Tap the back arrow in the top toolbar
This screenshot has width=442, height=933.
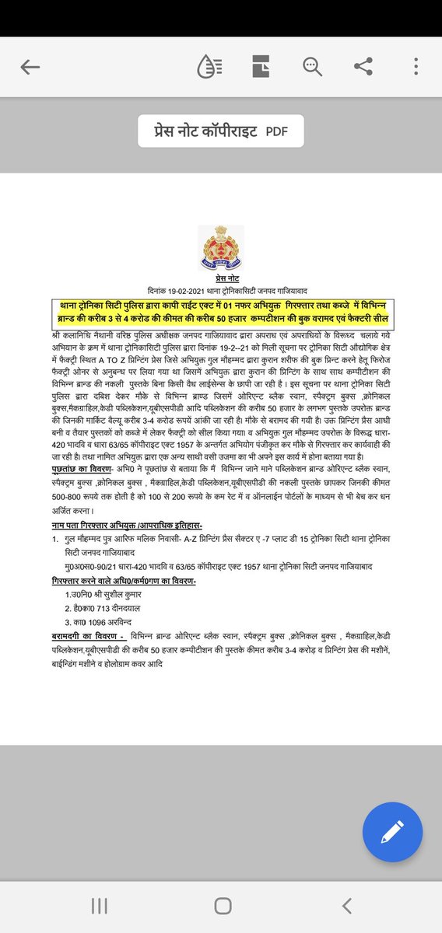pyautogui.click(x=30, y=67)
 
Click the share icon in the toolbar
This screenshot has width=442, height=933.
pyautogui.click(x=363, y=67)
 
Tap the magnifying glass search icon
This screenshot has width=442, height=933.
pyautogui.click(x=313, y=67)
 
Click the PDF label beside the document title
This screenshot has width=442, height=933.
pyautogui.click(x=275, y=131)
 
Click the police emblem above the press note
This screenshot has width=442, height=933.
pyautogui.click(x=220, y=248)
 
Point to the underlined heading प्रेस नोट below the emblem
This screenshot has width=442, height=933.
pyautogui.click(x=221, y=278)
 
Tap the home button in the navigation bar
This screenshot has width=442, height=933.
pyautogui.click(x=223, y=905)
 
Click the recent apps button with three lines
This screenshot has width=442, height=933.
pyautogui.click(x=99, y=905)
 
